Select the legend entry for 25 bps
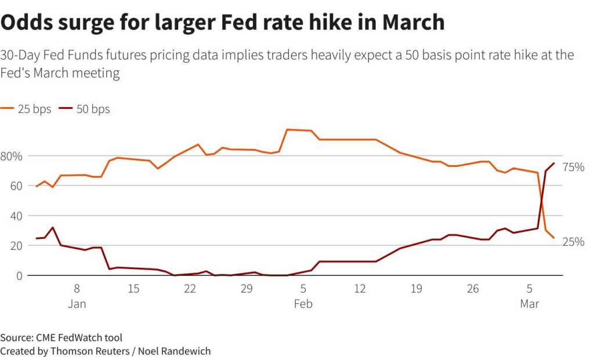[27, 109]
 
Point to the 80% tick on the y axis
[11, 156]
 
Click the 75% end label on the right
[573, 168]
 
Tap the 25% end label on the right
[573, 242]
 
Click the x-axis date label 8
[77, 288]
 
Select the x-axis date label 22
[190, 288]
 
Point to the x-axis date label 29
[247, 288]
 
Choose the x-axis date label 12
[360, 288]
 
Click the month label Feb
[303, 304]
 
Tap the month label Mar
[529, 304]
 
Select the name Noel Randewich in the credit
[173, 351]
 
